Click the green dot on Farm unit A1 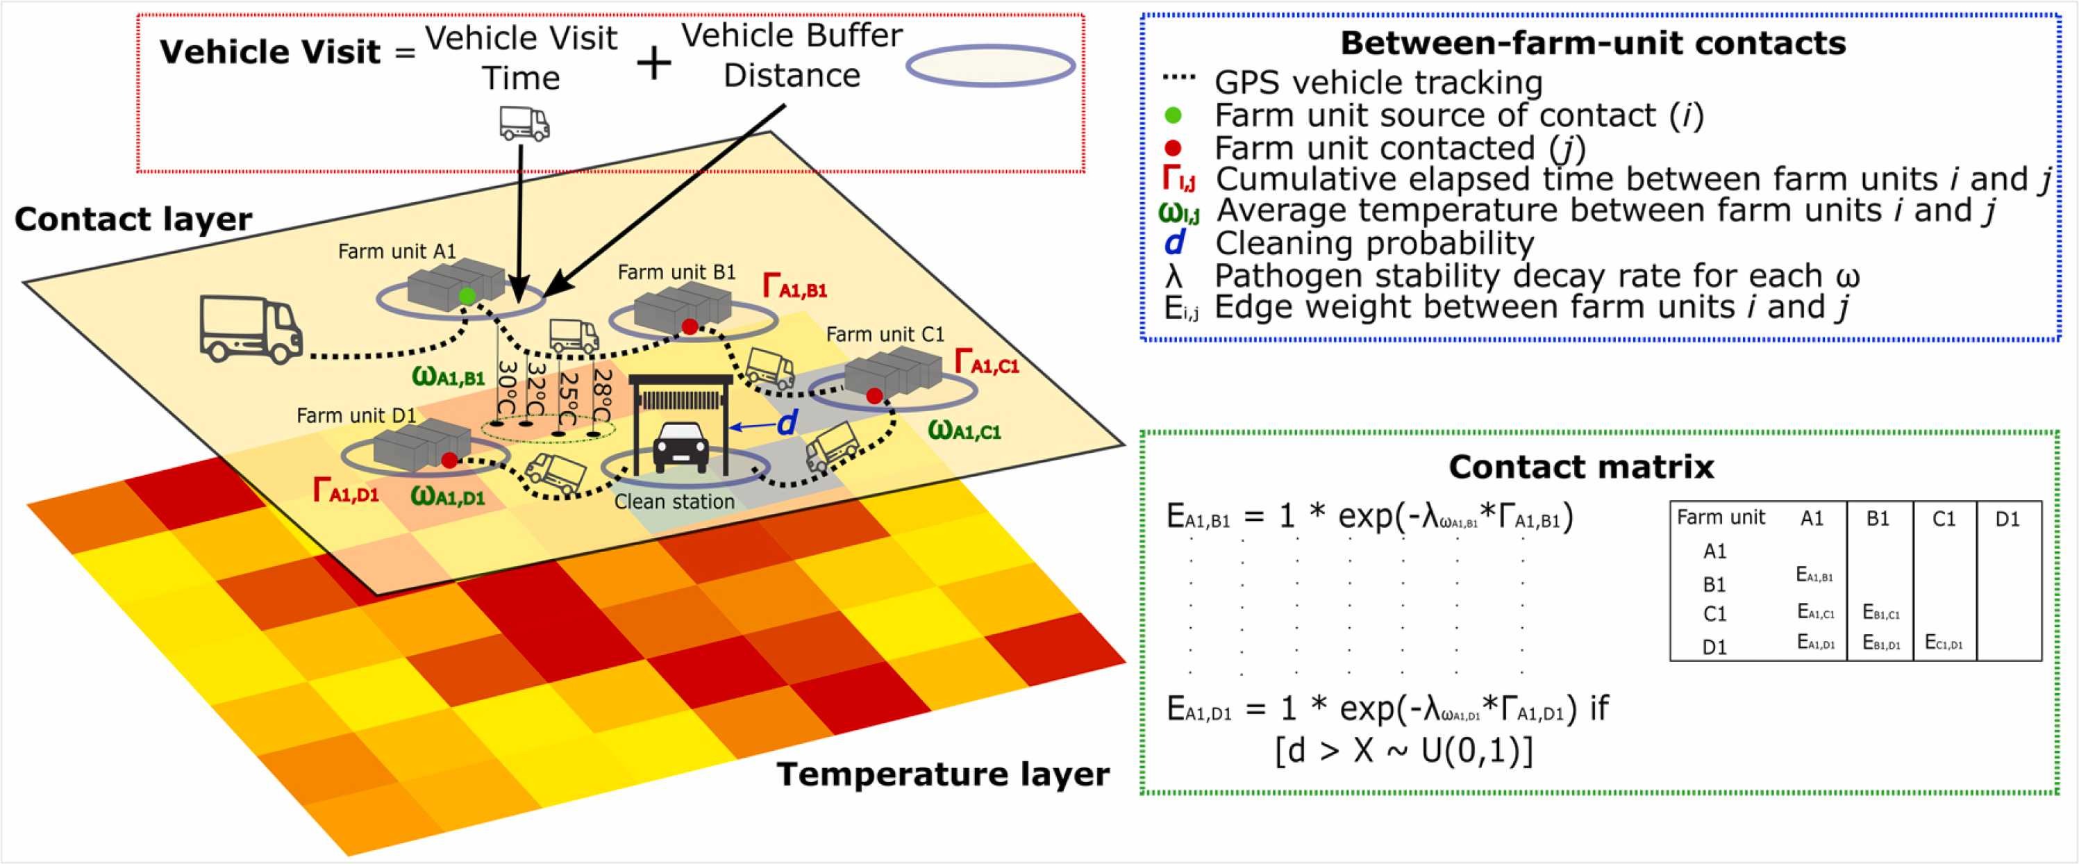467,297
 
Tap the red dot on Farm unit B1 690,326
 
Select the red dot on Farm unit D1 449,460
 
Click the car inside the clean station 681,447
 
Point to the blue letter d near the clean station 786,424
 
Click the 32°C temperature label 537,388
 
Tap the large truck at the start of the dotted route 250,329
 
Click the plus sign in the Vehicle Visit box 653,64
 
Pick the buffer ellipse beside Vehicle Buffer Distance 990,66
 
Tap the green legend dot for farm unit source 1174,115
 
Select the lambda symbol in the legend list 1174,277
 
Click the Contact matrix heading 1581,467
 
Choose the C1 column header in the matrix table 1944,518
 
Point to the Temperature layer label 943,774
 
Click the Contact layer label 133,219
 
